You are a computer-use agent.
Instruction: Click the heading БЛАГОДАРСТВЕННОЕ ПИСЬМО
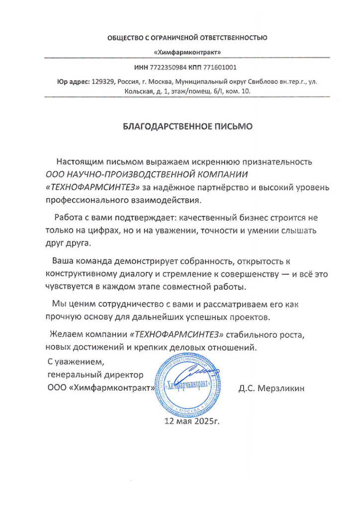[187, 126]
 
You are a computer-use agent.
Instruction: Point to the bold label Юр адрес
[73, 82]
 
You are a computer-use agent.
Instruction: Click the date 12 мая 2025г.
[191, 422]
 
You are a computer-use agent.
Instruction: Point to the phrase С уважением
[76, 361]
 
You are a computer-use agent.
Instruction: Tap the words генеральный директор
[95, 374]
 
